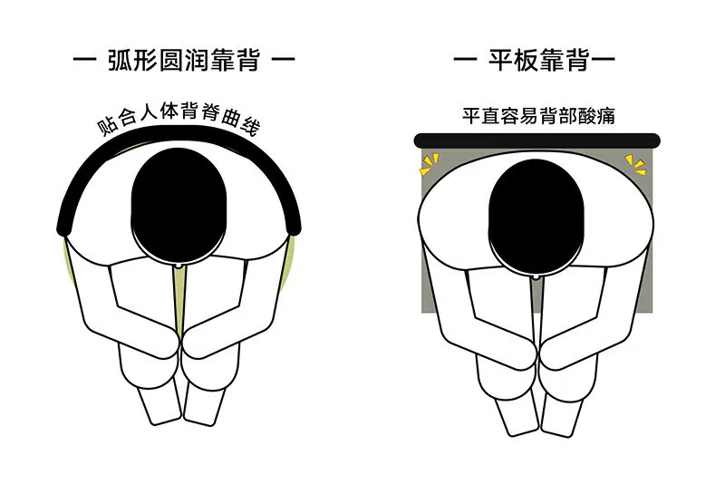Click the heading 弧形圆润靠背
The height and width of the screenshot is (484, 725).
click(x=184, y=60)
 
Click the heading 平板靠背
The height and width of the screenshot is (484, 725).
click(x=538, y=60)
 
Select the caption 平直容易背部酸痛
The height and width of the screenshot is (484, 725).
click(x=538, y=116)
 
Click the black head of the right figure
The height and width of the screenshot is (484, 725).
click(x=536, y=218)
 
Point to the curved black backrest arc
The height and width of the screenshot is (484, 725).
click(x=179, y=134)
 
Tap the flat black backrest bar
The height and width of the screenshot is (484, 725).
click(x=536, y=140)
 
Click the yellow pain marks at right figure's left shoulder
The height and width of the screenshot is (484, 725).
click(x=430, y=165)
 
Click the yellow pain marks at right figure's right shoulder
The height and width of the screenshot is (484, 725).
click(x=636, y=165)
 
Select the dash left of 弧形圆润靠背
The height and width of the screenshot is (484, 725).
click(x=84, y=59)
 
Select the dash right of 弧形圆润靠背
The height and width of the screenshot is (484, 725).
click(x=283, y=59)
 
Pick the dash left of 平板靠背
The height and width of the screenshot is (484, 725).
click(x=465, y=59)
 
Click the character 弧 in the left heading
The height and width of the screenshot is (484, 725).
click(x=120, y=61)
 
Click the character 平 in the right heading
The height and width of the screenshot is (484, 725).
click(x=501, y=61)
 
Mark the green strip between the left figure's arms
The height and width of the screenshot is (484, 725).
click(x=179, y=301)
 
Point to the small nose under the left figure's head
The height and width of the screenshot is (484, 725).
click(x=179, y=266)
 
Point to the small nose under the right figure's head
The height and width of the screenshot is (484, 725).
click(x=536, y=277)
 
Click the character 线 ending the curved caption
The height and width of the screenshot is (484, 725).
click(x=250, y=126)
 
